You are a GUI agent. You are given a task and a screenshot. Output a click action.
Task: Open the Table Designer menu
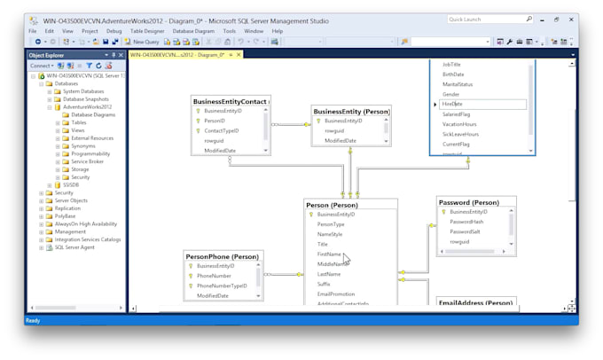point(147,31)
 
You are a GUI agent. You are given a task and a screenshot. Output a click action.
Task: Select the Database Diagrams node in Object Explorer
point(94,114)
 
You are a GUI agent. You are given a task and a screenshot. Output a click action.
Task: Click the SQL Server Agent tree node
point(74,247)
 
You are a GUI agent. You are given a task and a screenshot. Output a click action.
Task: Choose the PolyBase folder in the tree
point(66,215)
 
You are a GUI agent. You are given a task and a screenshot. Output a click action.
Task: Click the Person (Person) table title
point(338,205)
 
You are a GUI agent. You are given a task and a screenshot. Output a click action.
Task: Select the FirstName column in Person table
point(329,254)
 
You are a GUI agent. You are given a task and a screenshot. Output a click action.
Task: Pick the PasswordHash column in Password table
point(466,222)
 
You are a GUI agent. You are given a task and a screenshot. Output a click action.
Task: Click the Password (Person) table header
point(474,202)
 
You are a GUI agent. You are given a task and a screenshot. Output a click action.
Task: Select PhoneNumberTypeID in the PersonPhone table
point(222,286)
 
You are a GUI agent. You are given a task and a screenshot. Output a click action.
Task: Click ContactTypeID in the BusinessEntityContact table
point(222,130)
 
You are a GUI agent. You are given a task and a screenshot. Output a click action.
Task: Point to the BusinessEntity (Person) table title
point(351,112)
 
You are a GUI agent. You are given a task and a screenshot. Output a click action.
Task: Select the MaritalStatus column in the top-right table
point(458,84)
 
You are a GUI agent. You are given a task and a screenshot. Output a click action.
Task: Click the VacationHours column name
point(459,123)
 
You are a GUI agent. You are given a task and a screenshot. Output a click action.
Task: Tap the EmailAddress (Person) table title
point(475,303)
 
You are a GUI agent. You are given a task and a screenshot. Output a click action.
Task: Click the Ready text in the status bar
point(33,320)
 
